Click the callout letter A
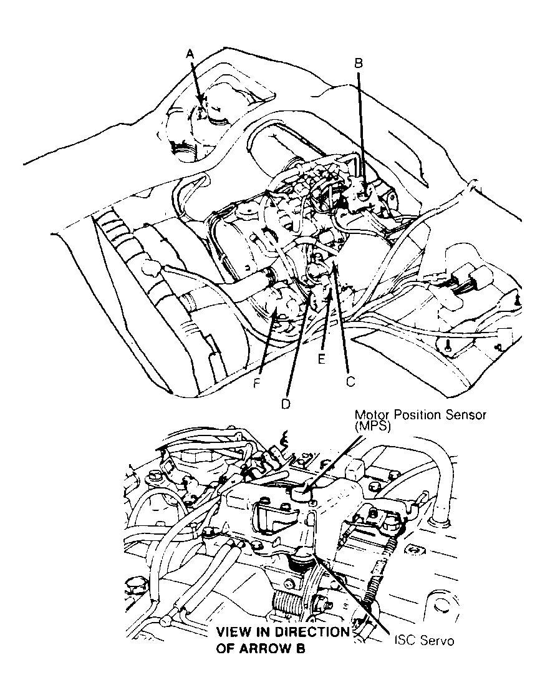coord(191,55)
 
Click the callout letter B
coord(359,62)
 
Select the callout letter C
coord(350,379)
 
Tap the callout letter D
coord(285,404)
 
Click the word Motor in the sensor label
coord(369,415)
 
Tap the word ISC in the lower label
coord(405,641)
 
